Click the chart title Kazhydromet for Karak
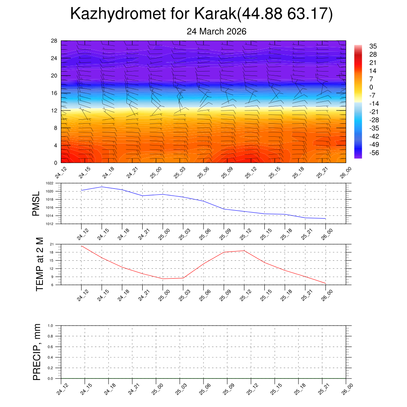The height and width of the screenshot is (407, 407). [x=202, y=14]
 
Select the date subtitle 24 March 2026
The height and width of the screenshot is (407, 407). [x=217, y=31]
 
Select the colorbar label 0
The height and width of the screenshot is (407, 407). [x=371, y=87]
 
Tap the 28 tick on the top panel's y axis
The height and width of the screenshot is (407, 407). [x=54, y=41]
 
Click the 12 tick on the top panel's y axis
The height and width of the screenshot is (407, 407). [x=54, y=110]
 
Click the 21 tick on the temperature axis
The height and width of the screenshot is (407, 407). [x=56, y=244]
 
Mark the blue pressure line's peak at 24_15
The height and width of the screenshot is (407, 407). [x=102, y=186]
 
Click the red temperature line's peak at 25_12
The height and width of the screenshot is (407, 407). [x=244, y=250]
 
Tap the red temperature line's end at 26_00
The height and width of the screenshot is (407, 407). [x=326, y=283]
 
